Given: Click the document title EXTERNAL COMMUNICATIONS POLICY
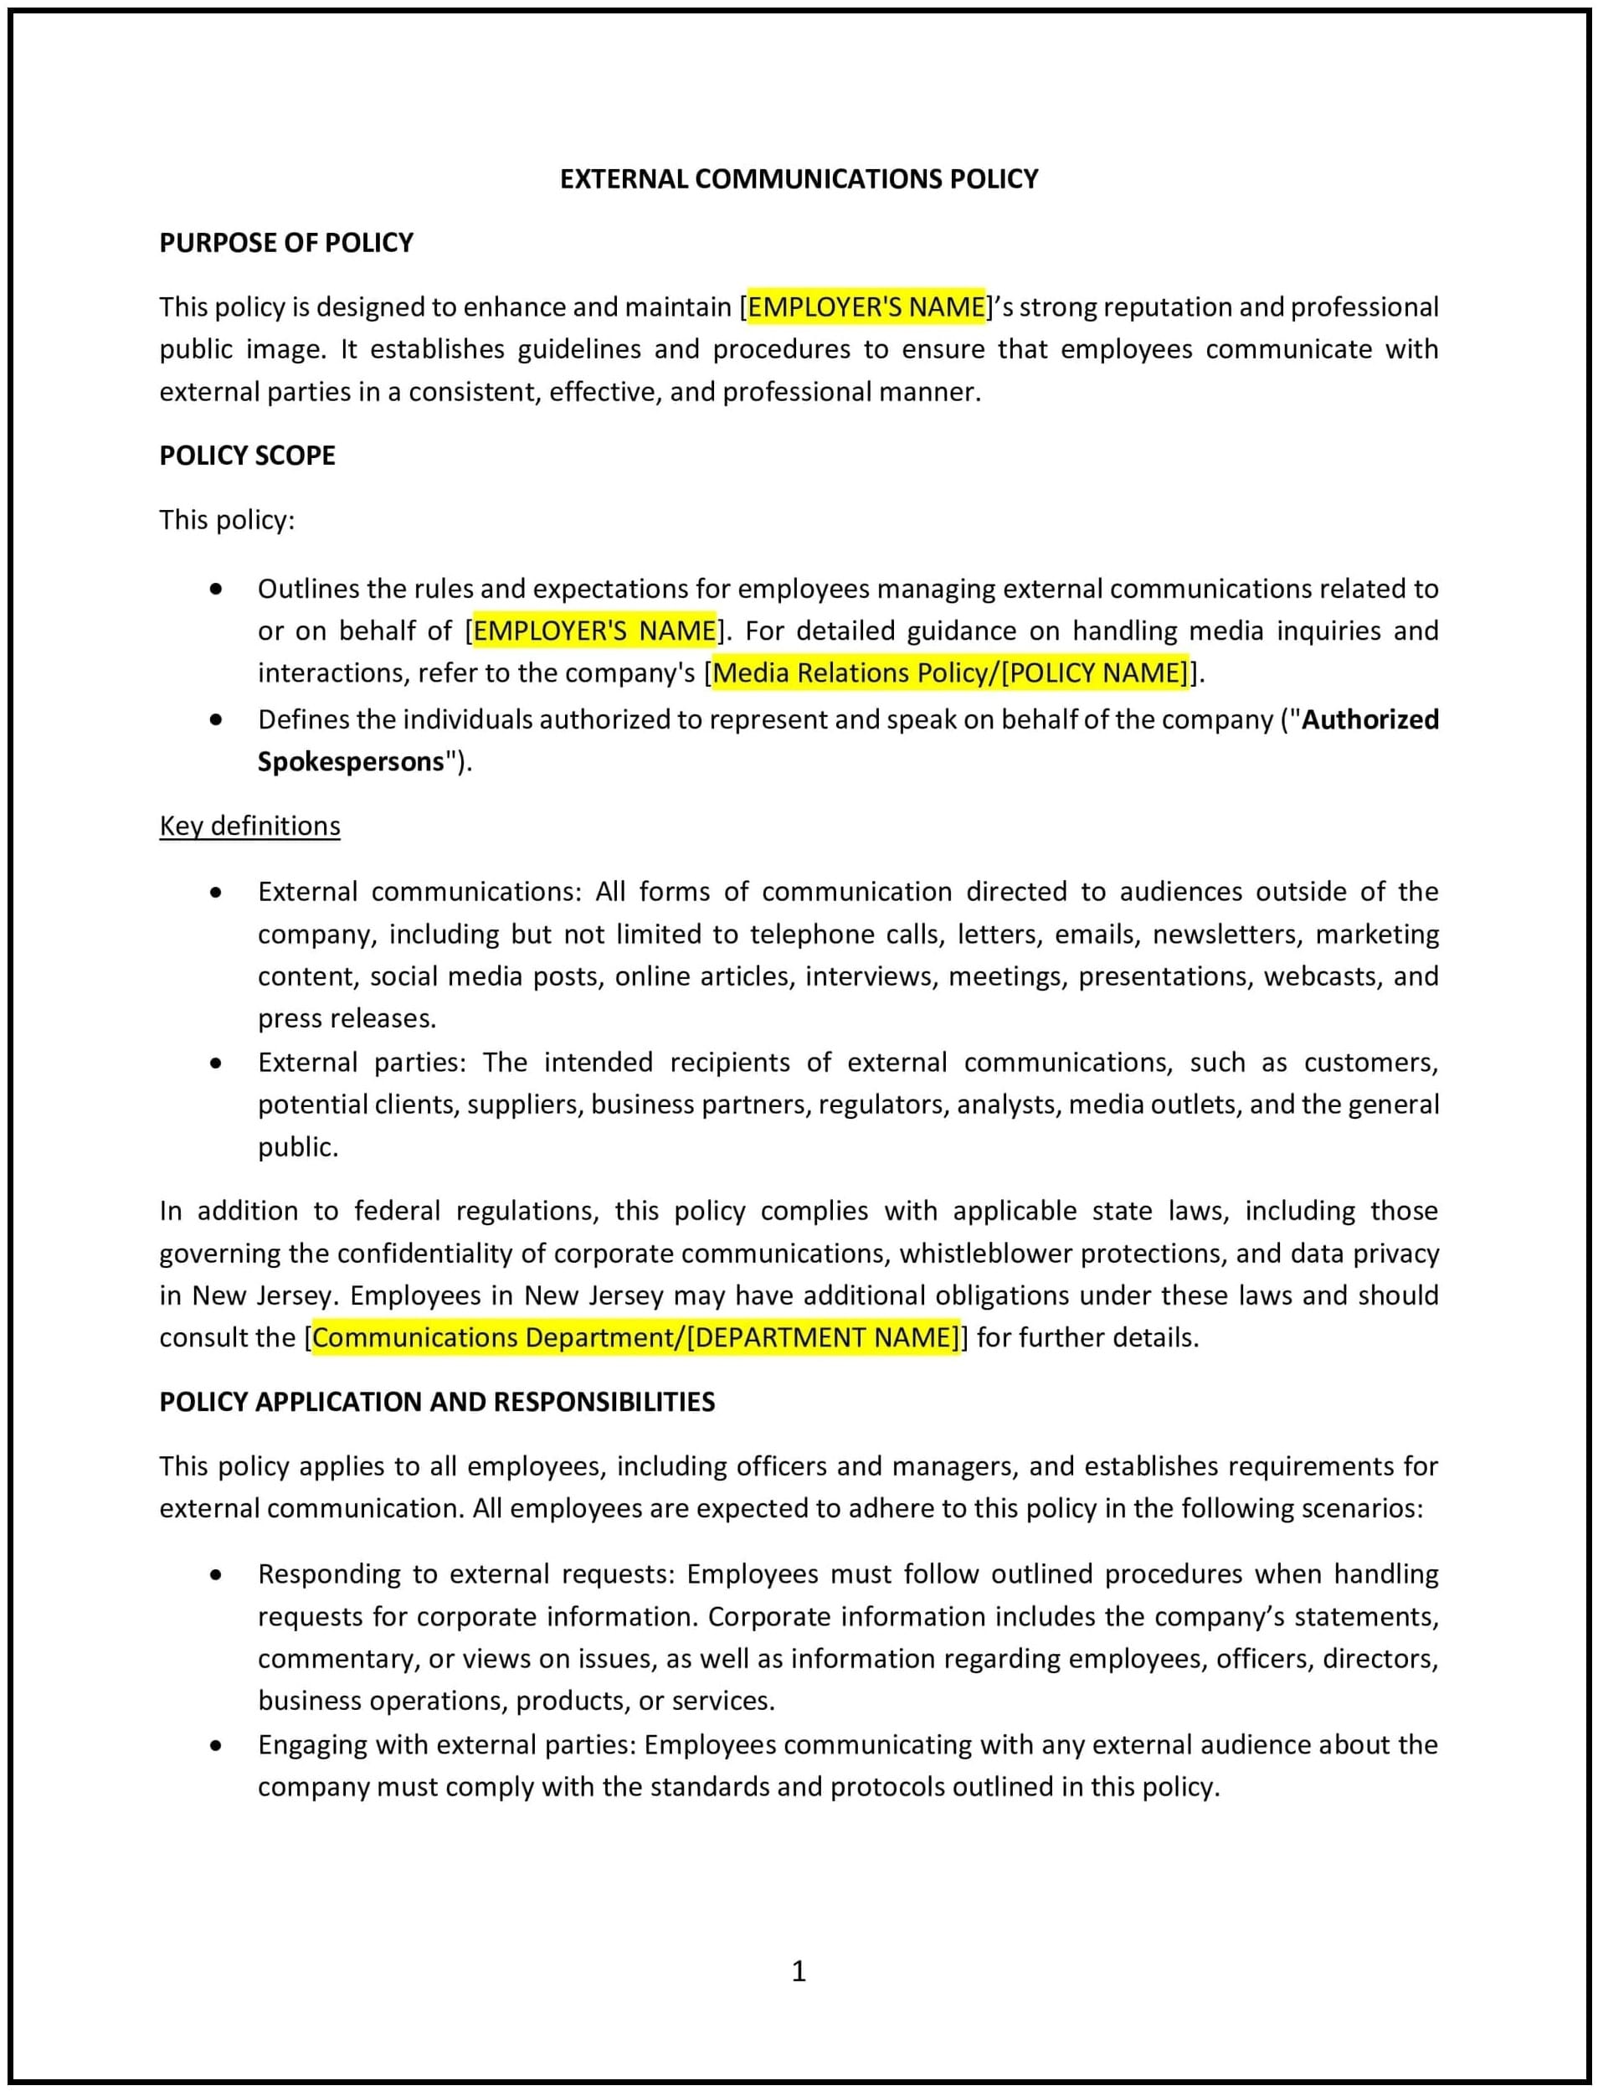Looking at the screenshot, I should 798,179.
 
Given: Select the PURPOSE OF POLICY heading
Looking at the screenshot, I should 285,243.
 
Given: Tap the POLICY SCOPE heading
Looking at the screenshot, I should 246,455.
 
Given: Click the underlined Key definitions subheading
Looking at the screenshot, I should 249,825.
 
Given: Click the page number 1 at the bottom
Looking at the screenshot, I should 798,1971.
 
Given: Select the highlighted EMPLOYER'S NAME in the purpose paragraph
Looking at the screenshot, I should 866,306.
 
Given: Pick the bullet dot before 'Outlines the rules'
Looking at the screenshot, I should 216,589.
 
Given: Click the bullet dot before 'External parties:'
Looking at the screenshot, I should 216,1063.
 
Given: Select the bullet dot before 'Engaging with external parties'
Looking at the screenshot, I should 216,1746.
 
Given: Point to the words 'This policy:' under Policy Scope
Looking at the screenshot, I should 226,519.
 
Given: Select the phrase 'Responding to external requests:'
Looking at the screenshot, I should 465,1574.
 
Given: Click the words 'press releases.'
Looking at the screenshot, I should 347,1018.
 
